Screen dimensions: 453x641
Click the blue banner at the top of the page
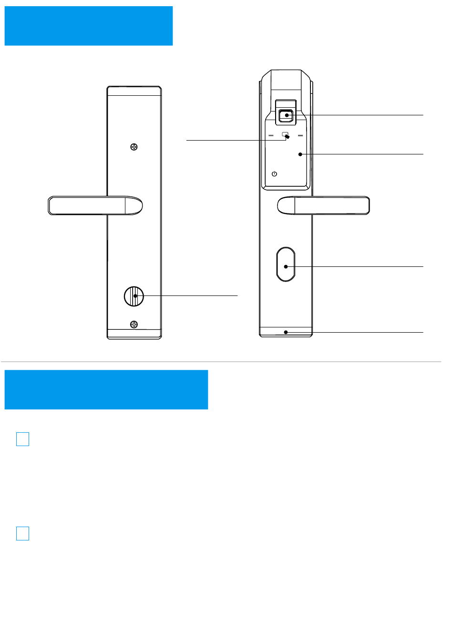(88, 26)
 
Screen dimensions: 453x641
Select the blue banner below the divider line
(106, 389)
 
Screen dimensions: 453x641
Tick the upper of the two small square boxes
(22, 439)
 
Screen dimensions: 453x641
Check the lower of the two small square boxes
(22, 533)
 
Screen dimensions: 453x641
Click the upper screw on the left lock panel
(134, 147)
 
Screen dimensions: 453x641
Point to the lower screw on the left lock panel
(134, 325)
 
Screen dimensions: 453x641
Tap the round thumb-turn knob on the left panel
(134, 296)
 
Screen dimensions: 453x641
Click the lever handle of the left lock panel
(95, 205)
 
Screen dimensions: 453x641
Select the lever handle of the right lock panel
(323, 205)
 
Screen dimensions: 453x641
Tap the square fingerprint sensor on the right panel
(286, 115)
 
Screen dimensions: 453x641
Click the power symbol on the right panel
(274, 174)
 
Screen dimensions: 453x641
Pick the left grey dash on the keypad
(271, 135)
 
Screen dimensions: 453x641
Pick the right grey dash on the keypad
(300, 135)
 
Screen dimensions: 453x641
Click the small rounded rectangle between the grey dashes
(285, 133)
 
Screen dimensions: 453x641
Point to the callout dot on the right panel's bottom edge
(286, 332)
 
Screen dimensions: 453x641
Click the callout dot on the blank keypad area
(300, 154)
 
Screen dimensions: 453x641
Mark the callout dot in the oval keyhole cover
(286, 266)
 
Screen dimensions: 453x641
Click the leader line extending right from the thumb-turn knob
(191, 295)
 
